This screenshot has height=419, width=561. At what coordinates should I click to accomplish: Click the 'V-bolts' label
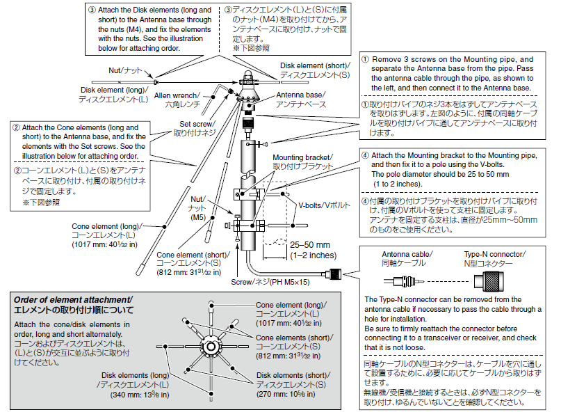pos(325,206)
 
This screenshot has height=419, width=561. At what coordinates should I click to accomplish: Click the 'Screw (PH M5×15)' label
pos(272,281)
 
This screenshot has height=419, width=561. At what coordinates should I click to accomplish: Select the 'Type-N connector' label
pos(494,255)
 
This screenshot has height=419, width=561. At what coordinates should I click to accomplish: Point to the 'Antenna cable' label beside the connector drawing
pos(407,255)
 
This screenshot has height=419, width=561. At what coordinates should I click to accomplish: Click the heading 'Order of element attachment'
pos(73,299)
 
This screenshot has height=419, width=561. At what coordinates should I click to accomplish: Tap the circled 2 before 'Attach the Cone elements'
pos(16,128)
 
